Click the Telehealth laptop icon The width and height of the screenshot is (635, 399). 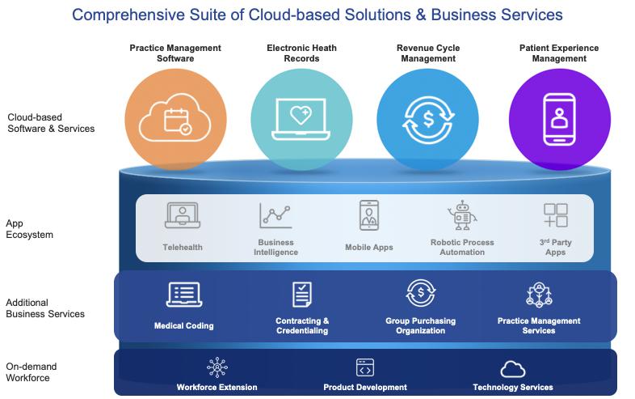[182, 216]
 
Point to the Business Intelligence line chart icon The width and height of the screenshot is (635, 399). [275, 216]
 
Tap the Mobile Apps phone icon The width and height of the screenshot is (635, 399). [369, 216]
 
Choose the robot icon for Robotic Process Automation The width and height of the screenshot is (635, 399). [462, 216]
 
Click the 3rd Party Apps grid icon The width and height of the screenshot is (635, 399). [556, 215]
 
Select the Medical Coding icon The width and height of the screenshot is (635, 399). [183, 295]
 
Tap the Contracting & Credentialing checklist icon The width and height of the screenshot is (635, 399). [302, 295]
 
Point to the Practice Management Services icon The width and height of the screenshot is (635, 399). [539, 295]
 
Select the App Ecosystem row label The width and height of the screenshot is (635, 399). [30, 229]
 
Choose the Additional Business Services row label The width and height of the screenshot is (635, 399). [45, 308]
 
